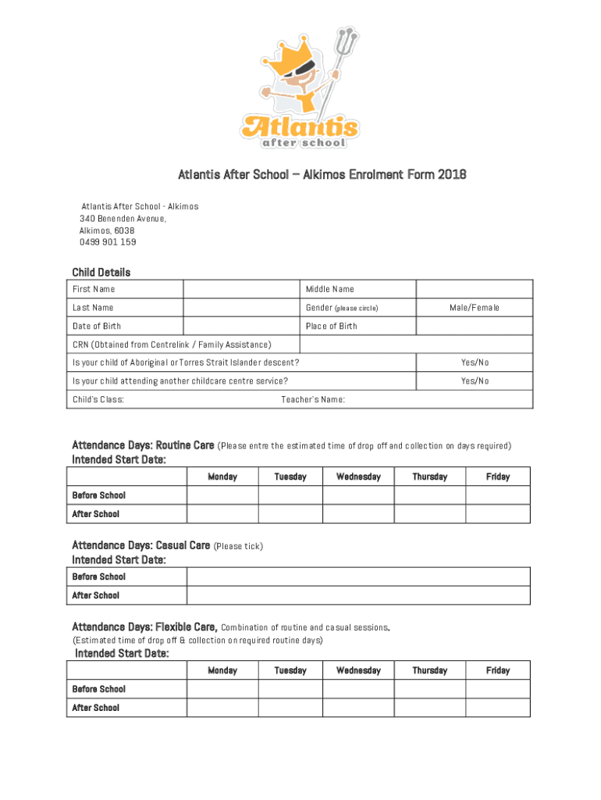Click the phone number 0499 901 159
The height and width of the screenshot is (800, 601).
click(108, 242)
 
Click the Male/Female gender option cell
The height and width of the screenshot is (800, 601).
click(474, 308)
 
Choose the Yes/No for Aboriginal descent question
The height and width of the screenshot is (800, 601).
click(474, 362)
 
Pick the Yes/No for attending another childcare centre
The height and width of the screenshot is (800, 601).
click(474, 381)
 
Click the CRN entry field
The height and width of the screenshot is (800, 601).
click(415, 345)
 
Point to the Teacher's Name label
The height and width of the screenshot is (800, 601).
click(312, 400)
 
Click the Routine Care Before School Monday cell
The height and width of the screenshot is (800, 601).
click(222, 495)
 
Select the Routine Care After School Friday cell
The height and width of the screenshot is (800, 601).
click(497, 514)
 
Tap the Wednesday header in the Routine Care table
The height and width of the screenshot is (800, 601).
click(358, 477)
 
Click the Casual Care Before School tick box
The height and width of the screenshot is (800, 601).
click(357, 577)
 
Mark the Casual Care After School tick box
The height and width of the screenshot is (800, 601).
click(357, 595)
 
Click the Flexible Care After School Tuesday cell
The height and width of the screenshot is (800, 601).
click(290, 708)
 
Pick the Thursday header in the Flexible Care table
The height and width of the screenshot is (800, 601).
click(429, 670)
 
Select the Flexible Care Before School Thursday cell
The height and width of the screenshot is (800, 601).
click(429, 689)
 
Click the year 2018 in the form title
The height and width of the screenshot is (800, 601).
click(452, 174)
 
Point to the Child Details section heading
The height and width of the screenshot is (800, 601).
click(101, 272)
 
